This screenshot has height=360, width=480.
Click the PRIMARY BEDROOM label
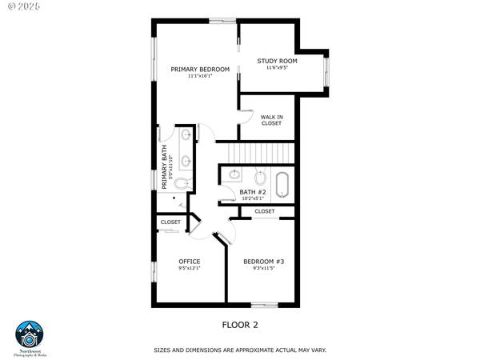(x=200, y=70)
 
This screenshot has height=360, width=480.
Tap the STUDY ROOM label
(x=277, y=61)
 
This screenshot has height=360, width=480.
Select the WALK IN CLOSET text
(x=271, y=120)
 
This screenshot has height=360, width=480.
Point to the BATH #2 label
(x=253, y=191)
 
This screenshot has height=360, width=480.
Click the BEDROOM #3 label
(x=264, y=262)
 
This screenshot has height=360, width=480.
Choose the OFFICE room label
(x=189, y=262)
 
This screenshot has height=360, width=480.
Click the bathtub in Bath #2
(x=282, y=183)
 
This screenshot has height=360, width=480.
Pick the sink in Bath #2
(x=235, y=174)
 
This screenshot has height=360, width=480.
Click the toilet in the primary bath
(x=181, y=184)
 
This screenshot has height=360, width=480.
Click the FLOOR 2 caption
(x=240, y=325)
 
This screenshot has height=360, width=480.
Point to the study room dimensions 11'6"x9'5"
(x=277, y=68)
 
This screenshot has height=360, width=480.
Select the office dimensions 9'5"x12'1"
(x=189, y=269)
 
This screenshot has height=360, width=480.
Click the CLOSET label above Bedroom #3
(x=264, y=211)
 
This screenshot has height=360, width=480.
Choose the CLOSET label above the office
(x=170, y=222)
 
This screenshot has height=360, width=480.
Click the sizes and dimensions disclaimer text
(x=240, y=350)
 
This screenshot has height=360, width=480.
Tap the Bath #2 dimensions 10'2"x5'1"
(x=253, y=198)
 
